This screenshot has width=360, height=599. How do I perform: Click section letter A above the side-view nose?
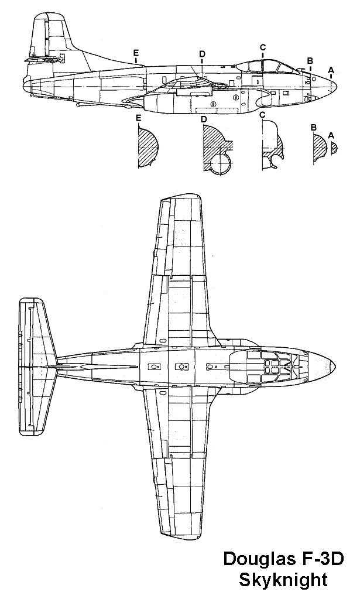tap(331, 70)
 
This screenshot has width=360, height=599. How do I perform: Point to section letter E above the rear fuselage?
tap(136, 53)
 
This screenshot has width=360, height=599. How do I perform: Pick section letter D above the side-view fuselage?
tap(202, 54)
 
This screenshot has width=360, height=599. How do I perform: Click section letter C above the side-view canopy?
tap(263, 47)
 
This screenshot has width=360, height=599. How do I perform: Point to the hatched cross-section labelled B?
tap(320, 146)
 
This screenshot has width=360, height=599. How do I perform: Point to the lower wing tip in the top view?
tap(181, 530)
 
